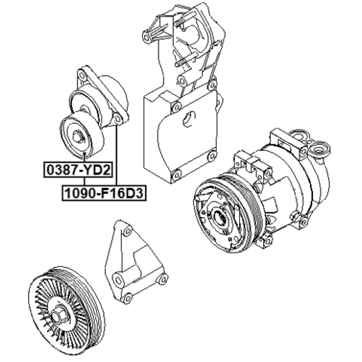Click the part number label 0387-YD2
click(78, 170)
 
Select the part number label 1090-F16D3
click(104, 193)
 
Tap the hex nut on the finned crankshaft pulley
click(57, 318)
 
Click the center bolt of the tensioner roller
click(77, 137)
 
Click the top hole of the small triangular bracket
click(127, 231)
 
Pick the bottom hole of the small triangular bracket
click(127, 299)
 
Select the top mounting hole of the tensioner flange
click(81, 75)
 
